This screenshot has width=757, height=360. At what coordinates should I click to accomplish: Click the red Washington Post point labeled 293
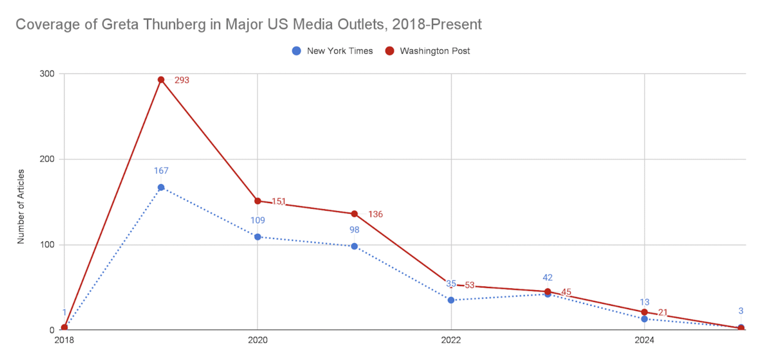click(x=161, y=79)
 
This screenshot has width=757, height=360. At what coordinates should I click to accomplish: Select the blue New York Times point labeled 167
click(x=161, y=187)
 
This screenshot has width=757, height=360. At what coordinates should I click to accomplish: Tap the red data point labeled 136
click(x=354, y=214)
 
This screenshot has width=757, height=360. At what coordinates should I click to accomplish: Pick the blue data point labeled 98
click(x=354, y=246)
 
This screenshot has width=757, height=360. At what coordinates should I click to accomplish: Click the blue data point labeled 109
click(x=257, y=237)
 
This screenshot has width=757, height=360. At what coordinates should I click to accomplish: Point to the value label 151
click(x=279, y=201)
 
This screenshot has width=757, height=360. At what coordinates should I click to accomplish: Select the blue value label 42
click(x=547, y=278)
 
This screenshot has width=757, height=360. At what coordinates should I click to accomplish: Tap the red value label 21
click(x=662, y=312)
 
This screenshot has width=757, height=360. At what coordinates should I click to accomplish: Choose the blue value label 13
click(x=644, y=302)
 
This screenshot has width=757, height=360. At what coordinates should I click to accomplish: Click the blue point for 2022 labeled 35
click(x=451, y=300)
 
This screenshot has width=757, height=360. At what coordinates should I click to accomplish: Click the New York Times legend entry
click(x=333, y=51)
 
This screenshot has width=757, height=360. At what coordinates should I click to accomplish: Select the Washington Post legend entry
click(x=427, y=51)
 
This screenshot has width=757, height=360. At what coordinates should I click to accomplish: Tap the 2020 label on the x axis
click(x=257, y=340)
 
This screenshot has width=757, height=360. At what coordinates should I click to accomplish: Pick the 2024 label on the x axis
click(x=644, y=340)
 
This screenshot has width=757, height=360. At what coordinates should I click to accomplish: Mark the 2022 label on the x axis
click(x=451, y=340)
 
